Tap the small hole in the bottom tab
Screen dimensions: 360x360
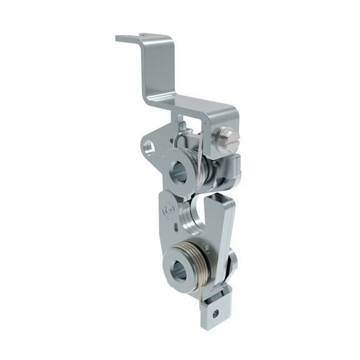pos(215,313)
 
